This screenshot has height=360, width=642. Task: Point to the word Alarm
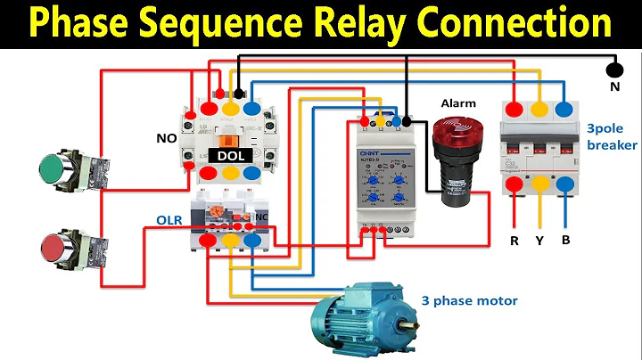coord(458,103)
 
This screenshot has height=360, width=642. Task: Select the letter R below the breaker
coord(514,241)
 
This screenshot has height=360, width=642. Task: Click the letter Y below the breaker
coord(540,241)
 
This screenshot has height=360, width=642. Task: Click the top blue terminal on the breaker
coord(564,109)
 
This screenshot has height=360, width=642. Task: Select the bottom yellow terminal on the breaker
coord(539,185)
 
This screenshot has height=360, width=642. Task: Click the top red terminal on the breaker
coord(514,109)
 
